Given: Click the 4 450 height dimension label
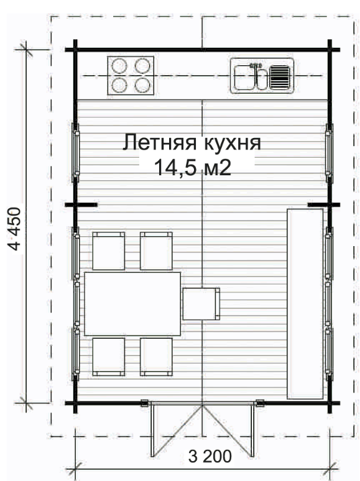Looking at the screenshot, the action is [x=14, y=229].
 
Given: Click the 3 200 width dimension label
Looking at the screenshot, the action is [x=210, y=457].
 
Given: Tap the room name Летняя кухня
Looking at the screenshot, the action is [x=192, y=143].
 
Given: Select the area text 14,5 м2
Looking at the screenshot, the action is [x=192, y=168].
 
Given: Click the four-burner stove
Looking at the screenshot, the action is [x=131, y=75].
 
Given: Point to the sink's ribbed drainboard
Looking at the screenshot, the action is [x=280, y=78].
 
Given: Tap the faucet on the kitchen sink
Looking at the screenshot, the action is [x=255, y=66].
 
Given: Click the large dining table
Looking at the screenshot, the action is [x=132, y=304].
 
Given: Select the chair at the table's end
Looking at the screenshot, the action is [x=201, y=304].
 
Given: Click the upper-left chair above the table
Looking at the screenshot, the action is [x=109, y=251].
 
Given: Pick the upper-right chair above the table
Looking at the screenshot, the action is [x=156, y=251].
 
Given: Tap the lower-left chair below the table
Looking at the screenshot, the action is [x=109, y=357].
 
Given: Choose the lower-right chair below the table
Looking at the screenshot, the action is [x=156, y=357].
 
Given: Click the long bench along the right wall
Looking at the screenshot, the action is [x=305, y=304].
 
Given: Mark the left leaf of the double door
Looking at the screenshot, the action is [x=177, y=429].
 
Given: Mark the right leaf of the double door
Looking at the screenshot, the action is [x=228, y=429].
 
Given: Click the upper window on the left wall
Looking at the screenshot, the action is [x=75, y=153].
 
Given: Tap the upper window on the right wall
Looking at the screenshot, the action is [x=329, y=153].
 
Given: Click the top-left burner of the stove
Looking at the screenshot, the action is [x=119, y=66].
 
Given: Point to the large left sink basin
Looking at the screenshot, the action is [x=244, y=78].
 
